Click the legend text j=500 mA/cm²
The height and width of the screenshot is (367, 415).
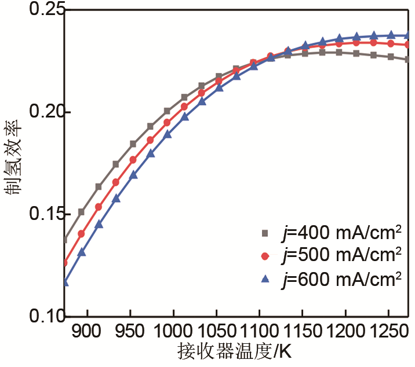point(340,255)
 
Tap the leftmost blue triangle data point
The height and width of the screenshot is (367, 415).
point(65,282)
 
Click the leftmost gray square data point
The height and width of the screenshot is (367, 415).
point(65,240)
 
